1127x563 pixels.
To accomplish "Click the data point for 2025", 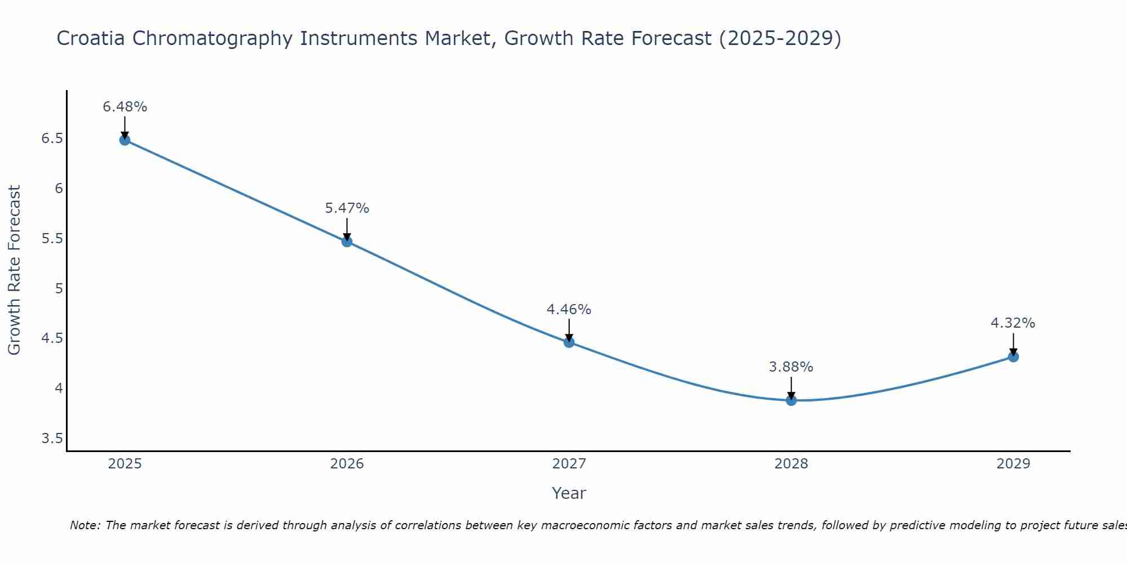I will click(x=125, y=140).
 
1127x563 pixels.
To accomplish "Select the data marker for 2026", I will click(x=347, y=242).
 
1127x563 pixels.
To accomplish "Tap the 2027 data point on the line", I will click(x=569, y=342).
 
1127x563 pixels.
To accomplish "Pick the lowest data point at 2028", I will click(x=791, y=400).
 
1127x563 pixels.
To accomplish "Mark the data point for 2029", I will click(x=1013, y=356).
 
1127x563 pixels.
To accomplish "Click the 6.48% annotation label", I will click(x=125, y=107).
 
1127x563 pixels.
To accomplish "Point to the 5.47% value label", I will click(x=347, y=208).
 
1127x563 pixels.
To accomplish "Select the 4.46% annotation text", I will click(x=569, y=310).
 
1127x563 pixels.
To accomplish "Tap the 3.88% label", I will click(x=791, y=367).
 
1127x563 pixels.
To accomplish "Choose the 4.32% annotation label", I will click(x=1013, y=323).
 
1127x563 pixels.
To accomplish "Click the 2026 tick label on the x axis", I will click(x=347, y=464).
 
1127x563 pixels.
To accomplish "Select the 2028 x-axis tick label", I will click(x=791, y=464).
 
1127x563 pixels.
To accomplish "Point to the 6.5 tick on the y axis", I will click(x=52, y=138).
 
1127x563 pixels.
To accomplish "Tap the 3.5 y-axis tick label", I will click(x=52, y=439).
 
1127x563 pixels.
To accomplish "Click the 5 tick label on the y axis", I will click(x=59, y=289).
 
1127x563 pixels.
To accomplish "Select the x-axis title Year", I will click(x=569, y=493).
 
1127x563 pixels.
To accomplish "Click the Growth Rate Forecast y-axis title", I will click(x=15, y=270).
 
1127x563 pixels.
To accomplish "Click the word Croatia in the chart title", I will click(x=90, y=38).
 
